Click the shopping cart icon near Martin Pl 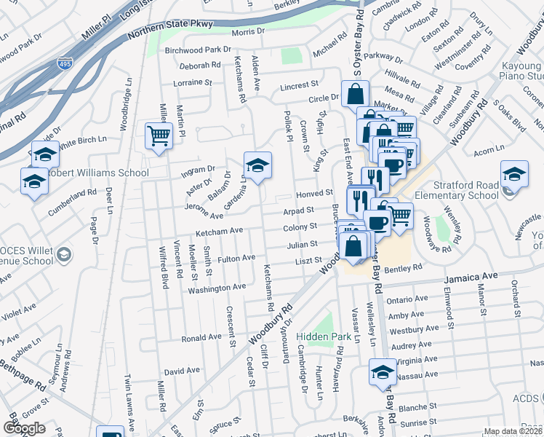(159, 135)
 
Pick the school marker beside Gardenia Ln (257, 167)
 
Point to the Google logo (24, 428)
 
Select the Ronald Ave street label (201, 337)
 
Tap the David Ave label (182, 371)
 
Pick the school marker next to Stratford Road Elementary (513, 175)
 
